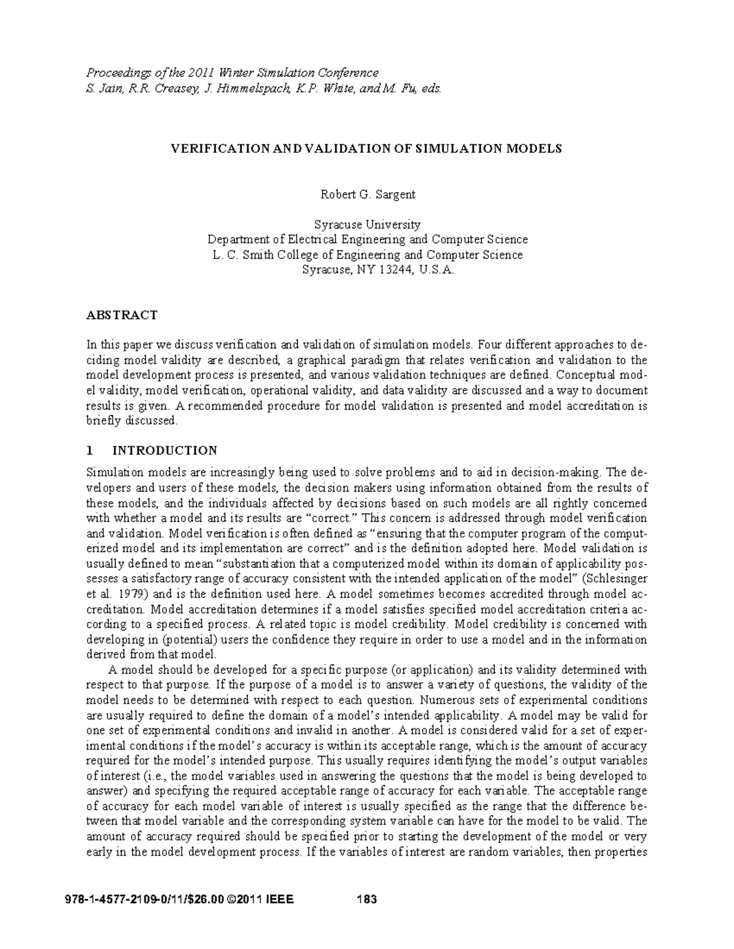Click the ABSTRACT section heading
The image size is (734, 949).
click(122, 315)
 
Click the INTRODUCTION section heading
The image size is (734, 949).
click(165, 451)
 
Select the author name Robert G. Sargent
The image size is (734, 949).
click(368, 195)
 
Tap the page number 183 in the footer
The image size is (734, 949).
click(366, 900)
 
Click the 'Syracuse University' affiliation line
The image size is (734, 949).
click(367, 224)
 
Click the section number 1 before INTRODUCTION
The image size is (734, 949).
click(90, 451)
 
